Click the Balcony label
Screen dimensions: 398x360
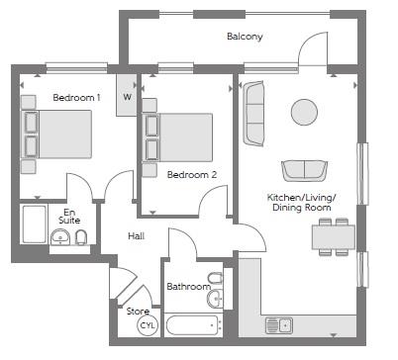point(245,37)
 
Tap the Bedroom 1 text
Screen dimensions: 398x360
point(76,98)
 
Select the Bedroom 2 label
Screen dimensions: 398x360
point(192,175)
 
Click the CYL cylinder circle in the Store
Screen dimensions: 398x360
point(148,325)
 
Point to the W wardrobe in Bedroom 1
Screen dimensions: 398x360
point(127,95)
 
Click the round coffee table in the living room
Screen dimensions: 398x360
point(304,112)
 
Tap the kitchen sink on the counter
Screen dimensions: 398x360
point(279,325)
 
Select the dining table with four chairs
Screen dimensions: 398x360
point(334,236)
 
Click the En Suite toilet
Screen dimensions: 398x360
point(81,237)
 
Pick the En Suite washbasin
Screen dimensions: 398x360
point(60,237)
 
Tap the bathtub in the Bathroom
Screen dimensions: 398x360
point(193,325)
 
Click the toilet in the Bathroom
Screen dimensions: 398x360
point(216,279)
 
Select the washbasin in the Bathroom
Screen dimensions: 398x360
point(215,299)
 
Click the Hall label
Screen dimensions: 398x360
point(137,236)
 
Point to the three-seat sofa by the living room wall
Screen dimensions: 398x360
point(253,114)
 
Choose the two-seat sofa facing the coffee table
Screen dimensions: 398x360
point(304,171)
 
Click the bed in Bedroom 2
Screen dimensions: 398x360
point(177,137)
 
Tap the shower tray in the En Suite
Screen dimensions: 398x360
point(34,225)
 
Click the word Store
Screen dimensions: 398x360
point(138,312)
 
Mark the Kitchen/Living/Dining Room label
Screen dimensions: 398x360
point(301,203)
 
